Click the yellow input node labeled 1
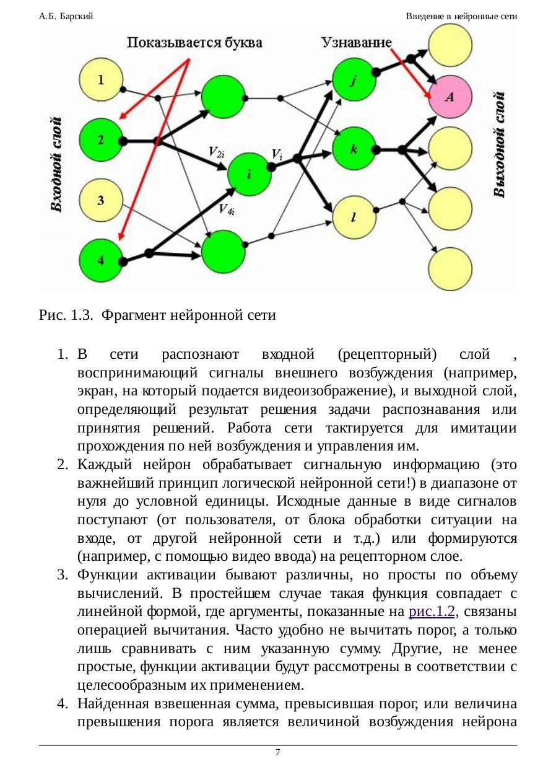click(101, 81)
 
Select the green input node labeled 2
click(101, 141)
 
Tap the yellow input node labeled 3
click(101, 200)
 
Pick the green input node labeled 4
click(101, 261)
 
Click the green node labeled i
click(249, 174)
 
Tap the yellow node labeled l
click(354, 218)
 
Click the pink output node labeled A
click(450, 96)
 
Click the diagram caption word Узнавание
click(355, 43)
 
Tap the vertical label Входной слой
click(56, 164)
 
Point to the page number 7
click(277, 752)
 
